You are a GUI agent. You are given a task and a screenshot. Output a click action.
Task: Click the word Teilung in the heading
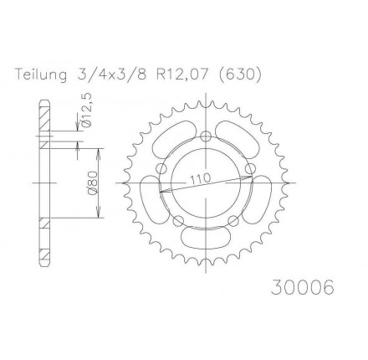41,75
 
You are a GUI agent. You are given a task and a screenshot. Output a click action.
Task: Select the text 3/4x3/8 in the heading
110,75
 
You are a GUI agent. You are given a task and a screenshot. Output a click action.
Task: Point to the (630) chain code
241,75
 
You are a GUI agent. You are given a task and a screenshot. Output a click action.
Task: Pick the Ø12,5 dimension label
87,112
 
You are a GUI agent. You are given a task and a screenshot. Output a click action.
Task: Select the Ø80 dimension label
94,183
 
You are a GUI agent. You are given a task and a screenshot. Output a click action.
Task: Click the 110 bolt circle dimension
200,179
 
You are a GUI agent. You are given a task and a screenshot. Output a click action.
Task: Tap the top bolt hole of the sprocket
206,136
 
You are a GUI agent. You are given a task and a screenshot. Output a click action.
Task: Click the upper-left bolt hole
161,169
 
